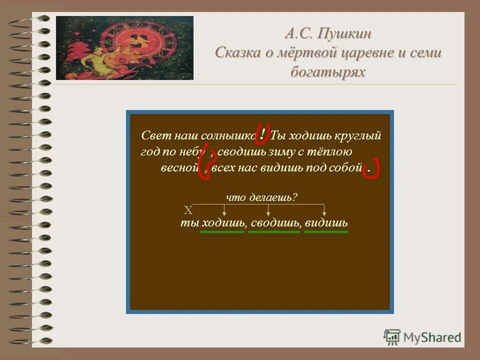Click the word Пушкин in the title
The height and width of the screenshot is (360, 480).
(x=343, y=34)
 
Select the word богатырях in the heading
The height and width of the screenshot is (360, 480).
(x=328, y=71)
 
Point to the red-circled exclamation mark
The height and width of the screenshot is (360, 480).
(x=263, y=133)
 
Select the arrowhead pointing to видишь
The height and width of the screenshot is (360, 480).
(x=325, y=213)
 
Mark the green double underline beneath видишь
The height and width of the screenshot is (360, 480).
(x=325, y=232)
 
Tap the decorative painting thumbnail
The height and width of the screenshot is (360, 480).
(x=124, y=48)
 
